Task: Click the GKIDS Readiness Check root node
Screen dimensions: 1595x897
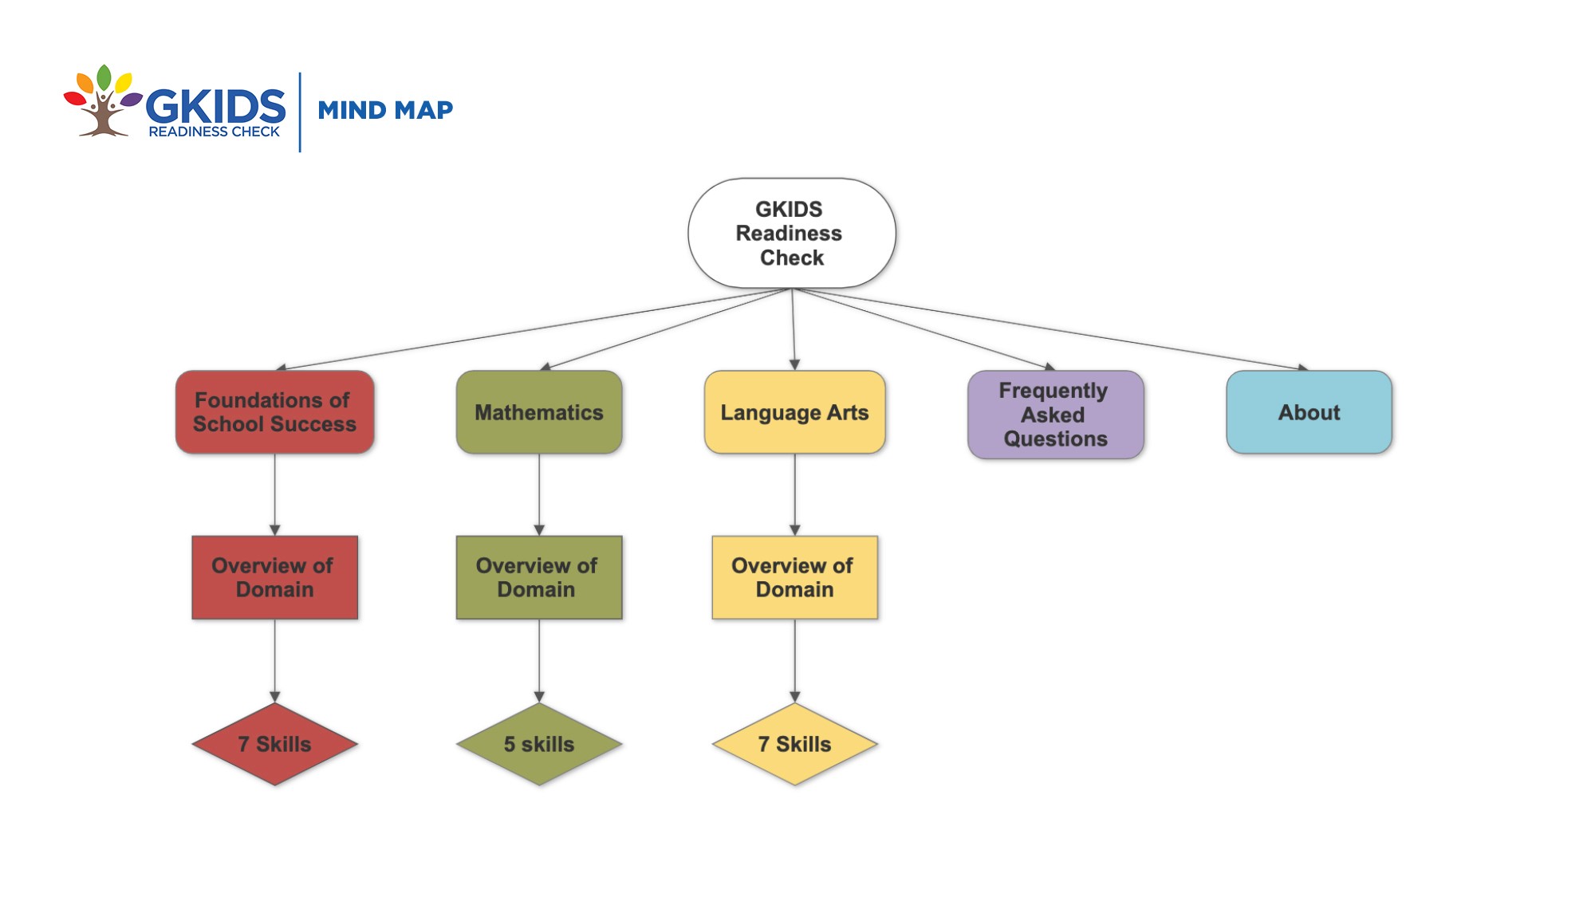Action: (x=792, y=233)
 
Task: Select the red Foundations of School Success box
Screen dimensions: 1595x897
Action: (x=275, y=412)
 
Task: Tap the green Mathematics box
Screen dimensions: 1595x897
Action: (x=539, y=412)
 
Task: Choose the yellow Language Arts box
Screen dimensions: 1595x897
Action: (x=795, y=412)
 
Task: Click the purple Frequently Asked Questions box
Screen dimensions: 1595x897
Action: (x=1056, y=415)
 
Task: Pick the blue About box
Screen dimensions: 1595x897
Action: (x=1309, y=412)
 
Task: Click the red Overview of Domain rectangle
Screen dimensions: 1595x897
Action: (x=275, y=577)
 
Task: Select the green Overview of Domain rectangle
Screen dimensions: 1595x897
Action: (x=539, y=577)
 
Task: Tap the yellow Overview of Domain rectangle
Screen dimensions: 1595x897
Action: (x=795, y=577)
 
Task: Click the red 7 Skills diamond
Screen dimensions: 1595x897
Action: (x=275, y=744)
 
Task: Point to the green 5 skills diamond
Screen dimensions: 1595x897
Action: (x=539, y=744)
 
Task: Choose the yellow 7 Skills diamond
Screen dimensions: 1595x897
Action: (x=795, y=744)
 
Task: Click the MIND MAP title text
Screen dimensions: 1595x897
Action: (x=385, y=110)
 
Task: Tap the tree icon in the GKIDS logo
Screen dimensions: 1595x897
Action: (x=103, y=101)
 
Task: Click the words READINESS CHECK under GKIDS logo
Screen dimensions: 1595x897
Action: (x=215, y=132)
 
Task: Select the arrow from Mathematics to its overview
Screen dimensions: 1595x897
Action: (x=539, y=494)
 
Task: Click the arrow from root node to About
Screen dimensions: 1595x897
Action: (x=1050, y=329)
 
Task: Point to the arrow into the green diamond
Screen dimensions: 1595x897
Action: (x=539, y=661)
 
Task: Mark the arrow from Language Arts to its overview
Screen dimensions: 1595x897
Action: (x=795, y=494)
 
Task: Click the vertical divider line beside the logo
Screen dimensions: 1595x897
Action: (x=300, y=112)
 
